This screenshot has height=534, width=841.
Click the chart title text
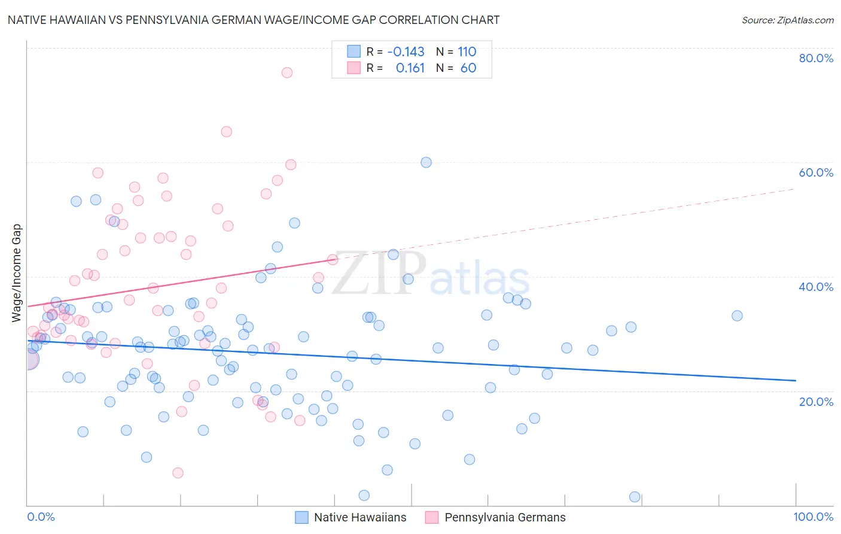tap(253, 20)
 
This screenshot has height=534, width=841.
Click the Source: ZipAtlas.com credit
tap(787, 20)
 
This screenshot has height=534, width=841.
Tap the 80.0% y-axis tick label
tap(816, 58)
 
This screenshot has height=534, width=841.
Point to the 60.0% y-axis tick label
tap(816, 172)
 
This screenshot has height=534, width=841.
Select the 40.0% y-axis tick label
tap(816, 287)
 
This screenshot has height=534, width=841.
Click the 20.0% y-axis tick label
tap(816, 401)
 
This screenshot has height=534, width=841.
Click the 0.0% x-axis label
tap(41, 517)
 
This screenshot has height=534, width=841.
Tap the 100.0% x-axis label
tap(813, 517)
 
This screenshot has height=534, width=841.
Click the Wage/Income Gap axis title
tap(17, 273)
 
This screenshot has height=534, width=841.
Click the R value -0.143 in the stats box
tap(406, 51)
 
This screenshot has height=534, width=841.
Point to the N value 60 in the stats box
tap(468, 68)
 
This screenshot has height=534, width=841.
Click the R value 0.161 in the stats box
tap(410, 68)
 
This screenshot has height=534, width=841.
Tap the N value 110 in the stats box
tap(467, 51)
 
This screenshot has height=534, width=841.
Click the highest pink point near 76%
tap(287, 72)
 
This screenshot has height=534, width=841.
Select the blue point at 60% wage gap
tap(426, 162)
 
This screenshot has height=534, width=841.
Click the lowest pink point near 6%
tap(178, 473)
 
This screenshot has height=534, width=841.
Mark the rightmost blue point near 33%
tap(737, 315)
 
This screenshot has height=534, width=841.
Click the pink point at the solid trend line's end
tap(333, 259)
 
